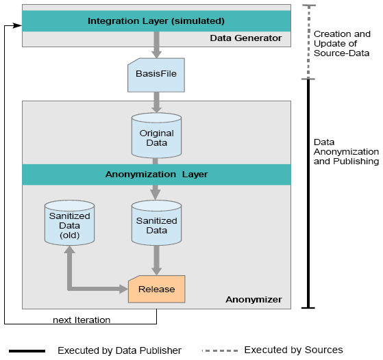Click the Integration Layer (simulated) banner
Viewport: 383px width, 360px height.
click(156, 21)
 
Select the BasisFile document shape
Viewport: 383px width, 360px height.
click(156, 75)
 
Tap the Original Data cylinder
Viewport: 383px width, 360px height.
click(157, 136)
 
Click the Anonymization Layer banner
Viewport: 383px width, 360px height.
click(156, 175)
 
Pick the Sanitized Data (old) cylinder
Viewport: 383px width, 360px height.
click(70, 222)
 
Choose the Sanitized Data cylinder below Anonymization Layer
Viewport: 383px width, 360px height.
click(157, 222)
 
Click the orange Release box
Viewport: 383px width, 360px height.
click(157, 289)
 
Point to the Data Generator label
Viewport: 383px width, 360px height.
click(246, 38)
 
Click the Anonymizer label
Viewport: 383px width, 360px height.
click(254, 300)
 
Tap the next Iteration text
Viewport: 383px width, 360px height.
click(82, 320)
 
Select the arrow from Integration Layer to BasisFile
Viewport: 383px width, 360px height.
click(156, 45)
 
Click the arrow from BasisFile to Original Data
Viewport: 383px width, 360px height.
click(156, 103)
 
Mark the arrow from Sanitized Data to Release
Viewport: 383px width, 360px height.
click(156, 261)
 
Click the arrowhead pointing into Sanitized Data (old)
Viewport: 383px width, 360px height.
click(70, 249)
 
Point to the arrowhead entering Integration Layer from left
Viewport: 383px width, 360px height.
click(18, 25)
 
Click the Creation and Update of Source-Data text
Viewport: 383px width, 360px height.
click(342, 43)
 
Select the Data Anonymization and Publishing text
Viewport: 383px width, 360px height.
click(347, 151)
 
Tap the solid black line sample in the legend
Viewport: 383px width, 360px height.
click(27, 351)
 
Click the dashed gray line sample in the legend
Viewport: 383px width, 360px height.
click(220, 350)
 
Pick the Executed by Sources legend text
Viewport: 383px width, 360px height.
click(294, 350)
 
